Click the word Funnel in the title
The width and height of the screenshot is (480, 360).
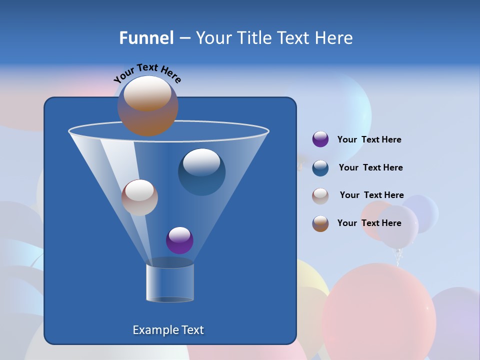coord(146,38)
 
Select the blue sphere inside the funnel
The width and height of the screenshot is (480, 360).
coord(202,172)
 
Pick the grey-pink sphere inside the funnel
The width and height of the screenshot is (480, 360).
coord(139,198)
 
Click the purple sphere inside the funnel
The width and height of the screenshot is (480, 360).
coord(179,240)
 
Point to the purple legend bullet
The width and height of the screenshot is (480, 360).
coord(320,139)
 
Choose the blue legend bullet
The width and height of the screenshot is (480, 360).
coord(320,168)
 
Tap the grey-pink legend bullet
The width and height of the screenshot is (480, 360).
coord(320,196)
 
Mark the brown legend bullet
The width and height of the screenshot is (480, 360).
coord(320,223)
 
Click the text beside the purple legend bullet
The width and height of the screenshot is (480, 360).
coord(369,139)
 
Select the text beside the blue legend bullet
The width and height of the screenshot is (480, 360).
coord(370,167)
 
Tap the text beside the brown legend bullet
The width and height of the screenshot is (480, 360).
coord(369,223)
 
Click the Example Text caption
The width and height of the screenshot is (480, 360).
coord(168,330)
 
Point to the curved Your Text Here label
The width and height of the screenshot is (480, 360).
coord(147,73)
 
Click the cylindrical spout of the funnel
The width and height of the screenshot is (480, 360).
coord(170,282)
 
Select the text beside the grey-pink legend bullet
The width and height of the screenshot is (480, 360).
coord(371,195)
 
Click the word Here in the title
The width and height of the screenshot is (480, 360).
coord(334,38)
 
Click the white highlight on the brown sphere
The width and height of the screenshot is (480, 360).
coord(147,93)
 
